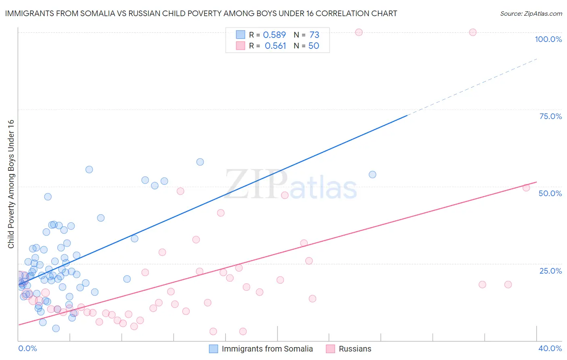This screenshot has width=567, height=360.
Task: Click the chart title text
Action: click(x=201, y=13)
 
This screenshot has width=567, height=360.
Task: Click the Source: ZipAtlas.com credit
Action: click(x=531, y=14)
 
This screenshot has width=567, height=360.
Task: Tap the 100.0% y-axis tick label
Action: click(x=548, y=39)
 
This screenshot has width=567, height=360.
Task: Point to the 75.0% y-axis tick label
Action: click(x=550, y=116)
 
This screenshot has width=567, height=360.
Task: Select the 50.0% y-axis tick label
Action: click(x=550, y=193)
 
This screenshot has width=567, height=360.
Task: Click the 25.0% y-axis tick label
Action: click(x=550, y=271)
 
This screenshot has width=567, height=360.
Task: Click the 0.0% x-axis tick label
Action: click(x=27, y=348)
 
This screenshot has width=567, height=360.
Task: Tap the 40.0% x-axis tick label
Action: click(x=550, y=348)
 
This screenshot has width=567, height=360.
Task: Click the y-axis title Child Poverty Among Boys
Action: click(x=11, y=184)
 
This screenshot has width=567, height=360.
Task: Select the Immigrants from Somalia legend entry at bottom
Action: click(x=267, y=349)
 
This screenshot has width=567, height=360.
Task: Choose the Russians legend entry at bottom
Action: click(x=355, y=349)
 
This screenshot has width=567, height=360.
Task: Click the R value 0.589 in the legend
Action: click(x=274, y=35)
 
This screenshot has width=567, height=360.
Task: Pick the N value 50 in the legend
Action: click(x=314, y=46)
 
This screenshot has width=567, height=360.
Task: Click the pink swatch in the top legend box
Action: click(x=240, y=46)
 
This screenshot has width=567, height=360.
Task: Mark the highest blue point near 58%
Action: click(x=200, y=162)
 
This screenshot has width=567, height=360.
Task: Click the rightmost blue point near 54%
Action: click(x=373, y=174)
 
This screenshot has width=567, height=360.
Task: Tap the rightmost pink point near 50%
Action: click(x=526, y=188)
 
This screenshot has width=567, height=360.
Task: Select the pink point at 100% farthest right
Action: click(x=473, y=32)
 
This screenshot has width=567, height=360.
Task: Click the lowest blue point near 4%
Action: click(x=56, y=328)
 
